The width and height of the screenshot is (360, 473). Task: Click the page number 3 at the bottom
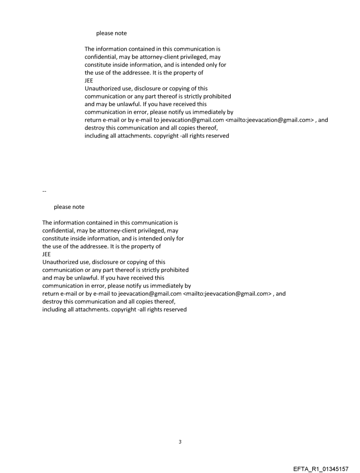tap(180, 442)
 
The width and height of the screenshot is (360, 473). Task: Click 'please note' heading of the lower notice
tap(69, 207)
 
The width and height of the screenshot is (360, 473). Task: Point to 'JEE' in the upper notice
tap(89, 81)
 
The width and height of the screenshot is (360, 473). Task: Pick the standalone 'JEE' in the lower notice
tap(46, 254)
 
